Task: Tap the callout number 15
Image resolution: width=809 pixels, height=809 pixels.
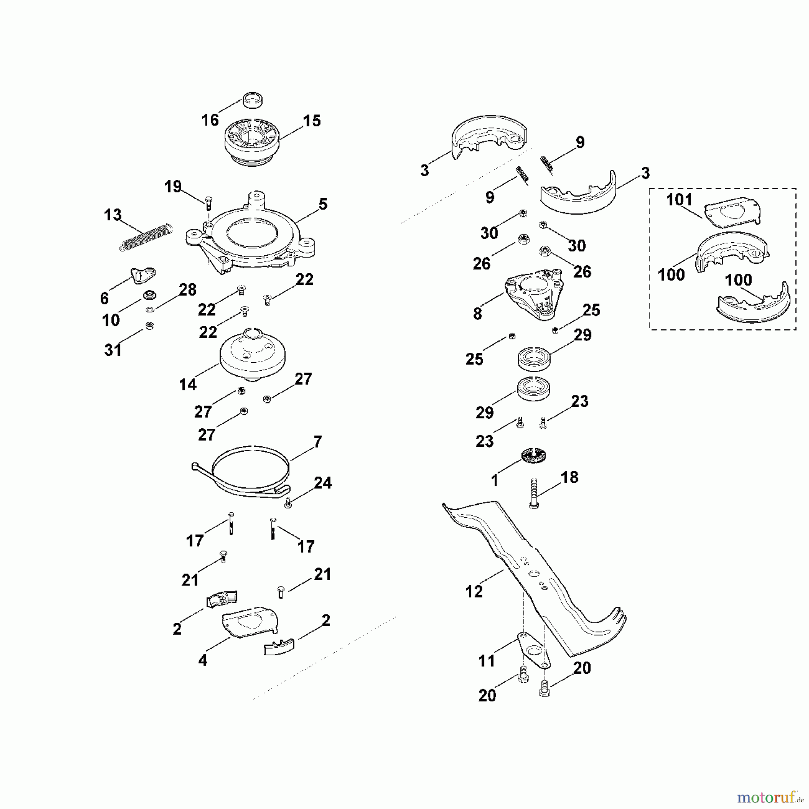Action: coord(311,120)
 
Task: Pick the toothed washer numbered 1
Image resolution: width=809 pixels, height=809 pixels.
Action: coord(533,457)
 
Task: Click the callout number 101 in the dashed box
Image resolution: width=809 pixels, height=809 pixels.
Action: coord(679,200)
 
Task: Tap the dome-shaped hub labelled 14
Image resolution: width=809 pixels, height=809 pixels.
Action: coord(253,355)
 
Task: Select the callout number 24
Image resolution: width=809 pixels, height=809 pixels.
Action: coord(323,483)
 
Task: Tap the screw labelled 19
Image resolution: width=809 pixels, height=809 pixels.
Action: coord(209,203)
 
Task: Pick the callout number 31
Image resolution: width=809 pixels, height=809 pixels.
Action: coord(113,350)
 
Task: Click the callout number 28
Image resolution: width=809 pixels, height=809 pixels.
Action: coord(187,290)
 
